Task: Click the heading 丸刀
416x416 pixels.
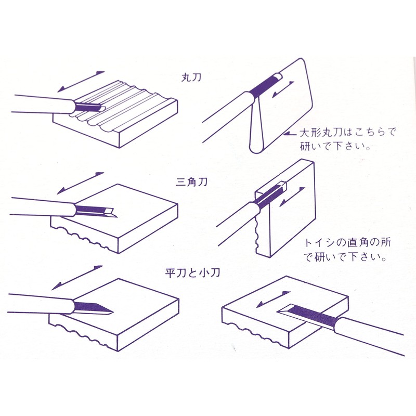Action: (x=187, y=77)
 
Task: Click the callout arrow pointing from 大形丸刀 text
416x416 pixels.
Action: (x=290, y=134)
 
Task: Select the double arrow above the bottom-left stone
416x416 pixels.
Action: (x=77, y=277)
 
